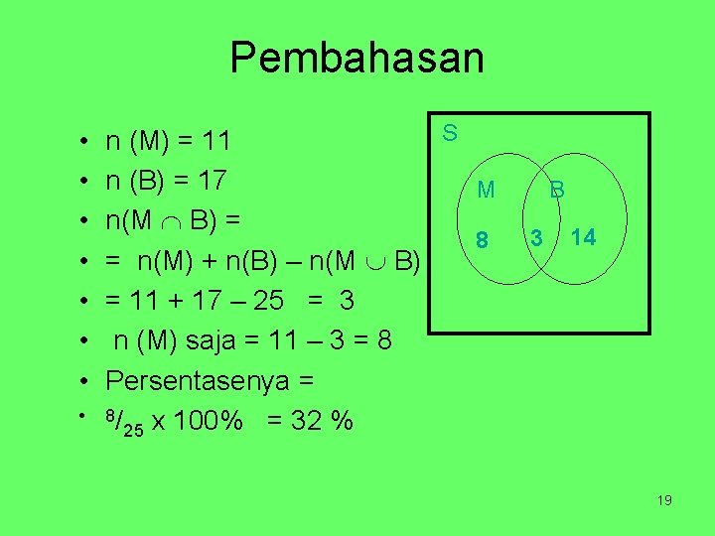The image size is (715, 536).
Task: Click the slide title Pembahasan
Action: [357, 58]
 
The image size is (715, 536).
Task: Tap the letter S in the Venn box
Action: [450, 132]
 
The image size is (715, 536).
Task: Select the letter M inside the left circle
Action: [486, 189]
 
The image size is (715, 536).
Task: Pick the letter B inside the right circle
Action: [558, 189]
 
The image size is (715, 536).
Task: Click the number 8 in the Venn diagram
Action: [483, 239]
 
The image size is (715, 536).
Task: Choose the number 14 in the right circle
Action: [584, 237]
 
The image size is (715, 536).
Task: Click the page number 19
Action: [664, 500]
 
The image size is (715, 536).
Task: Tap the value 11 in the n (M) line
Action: [215, 142]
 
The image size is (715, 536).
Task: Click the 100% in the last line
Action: [208, 422]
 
